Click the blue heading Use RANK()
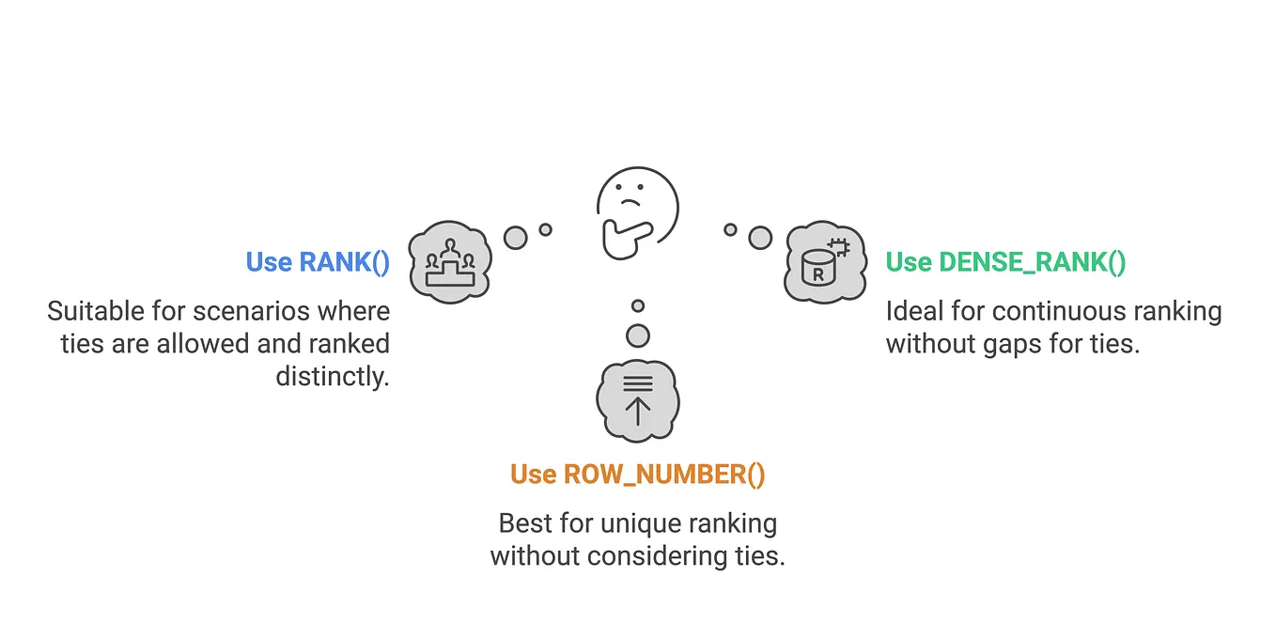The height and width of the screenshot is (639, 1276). click(x=318, y=262)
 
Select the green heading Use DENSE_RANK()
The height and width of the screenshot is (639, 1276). click(x=1005, y=262)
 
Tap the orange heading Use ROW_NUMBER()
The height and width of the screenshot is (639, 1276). click(x=638, y=475)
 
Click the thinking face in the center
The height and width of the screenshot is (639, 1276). click(x=638, y=209)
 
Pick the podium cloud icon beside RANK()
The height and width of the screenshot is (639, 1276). click(x=451, y=262)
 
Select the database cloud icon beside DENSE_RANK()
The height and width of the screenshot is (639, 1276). click(x=824, y=262)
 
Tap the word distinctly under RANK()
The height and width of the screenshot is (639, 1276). click(x=333, y=376)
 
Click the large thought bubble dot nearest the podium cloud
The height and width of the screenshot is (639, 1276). click(x=515, y=238)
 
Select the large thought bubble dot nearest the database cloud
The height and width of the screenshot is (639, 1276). click(x=760, y=238)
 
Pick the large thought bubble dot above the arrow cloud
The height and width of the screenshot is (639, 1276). click(x=638, y=335)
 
